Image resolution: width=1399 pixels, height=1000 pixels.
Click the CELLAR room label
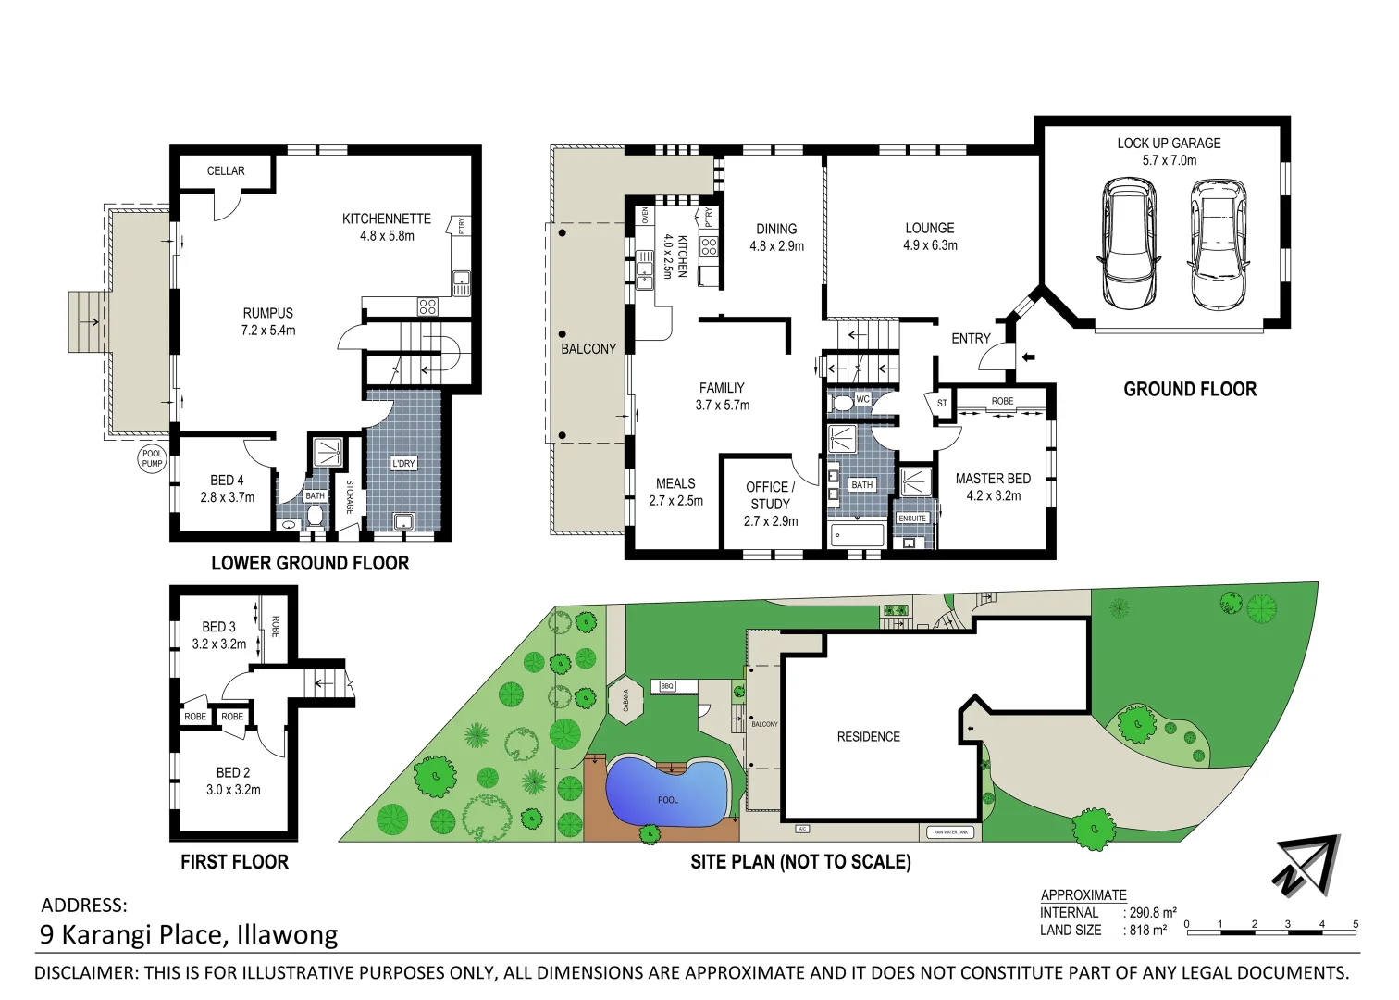click(x=226, y=171)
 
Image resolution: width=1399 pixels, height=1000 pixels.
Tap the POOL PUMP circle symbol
click(x=152, y=458)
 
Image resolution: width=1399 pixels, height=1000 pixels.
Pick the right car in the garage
click(x=1217, y=244)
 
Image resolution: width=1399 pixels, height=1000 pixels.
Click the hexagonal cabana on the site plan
click(x=626, y=700)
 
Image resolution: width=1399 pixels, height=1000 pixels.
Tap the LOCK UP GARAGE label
click(x=1169, y=144)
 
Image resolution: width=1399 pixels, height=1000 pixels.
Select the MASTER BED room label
click(x=993, y=479)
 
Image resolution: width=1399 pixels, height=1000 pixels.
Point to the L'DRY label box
click(x=403, y=463)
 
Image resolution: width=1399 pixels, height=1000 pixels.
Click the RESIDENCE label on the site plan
click(x=868, y=737)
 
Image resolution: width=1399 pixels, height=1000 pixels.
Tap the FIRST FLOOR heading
click(x=234, y=862)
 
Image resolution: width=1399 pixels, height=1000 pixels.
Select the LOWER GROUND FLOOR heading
click(x=310, y=563)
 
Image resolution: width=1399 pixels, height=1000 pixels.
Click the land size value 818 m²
click(x=1148, y=931)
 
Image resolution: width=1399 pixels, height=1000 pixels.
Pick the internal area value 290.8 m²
click(x=1153, y=913)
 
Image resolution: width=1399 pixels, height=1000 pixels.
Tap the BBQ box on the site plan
click(x=666, y=686)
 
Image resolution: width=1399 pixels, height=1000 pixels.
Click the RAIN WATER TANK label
click(x=950, y=832)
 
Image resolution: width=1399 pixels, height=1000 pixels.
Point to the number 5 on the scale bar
click(x=1356, y=924)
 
